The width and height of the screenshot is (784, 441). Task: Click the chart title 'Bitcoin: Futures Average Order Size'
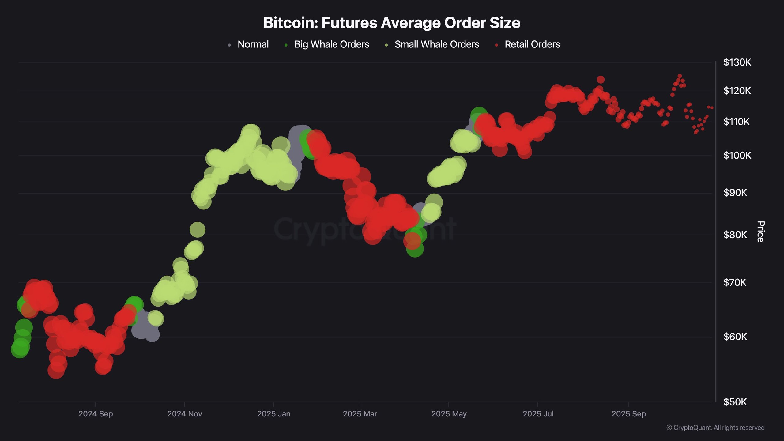click(392, 23)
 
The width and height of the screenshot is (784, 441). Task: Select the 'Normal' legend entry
click(253, 44)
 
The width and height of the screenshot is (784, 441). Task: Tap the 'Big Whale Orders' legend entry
click(331, 44)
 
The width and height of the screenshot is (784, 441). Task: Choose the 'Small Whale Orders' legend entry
click(437, 44)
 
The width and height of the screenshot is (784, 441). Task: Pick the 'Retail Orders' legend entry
click(532, 44)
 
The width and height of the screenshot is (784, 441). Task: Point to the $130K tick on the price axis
click(737, 62)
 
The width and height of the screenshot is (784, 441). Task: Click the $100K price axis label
click(737, 156)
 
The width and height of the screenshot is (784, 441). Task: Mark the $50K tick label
click(735, 402)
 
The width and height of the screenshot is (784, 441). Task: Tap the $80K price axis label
click(735, 235)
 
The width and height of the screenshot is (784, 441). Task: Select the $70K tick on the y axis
click(735, 282)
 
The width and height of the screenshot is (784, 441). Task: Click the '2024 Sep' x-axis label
click(96, 414)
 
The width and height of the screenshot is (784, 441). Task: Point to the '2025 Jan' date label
click(273, 414)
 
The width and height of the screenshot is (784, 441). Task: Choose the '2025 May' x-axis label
click(449, 414)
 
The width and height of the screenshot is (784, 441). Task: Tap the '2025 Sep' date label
click(628, 414)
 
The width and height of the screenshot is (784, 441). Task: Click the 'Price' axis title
click(761, 232)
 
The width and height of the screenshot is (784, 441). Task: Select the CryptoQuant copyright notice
click(715, 428)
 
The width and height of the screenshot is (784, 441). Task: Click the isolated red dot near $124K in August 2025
click(601, 80)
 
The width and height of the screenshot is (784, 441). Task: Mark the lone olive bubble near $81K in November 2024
click(197, 230)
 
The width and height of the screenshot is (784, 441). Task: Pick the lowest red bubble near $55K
click(56, 371)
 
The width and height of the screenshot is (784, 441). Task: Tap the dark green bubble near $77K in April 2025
click(415, 249)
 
